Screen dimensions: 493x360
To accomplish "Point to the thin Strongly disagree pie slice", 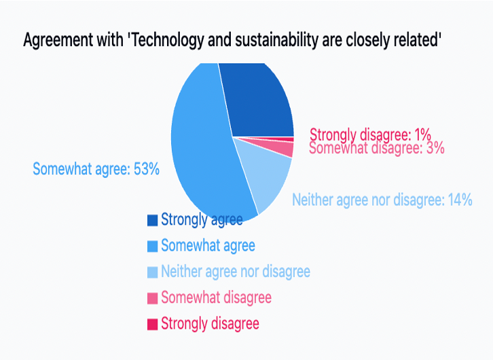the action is pos(283,139).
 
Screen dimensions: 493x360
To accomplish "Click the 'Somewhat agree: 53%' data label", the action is pos(96,169).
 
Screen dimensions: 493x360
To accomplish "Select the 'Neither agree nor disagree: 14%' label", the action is pos(382,200).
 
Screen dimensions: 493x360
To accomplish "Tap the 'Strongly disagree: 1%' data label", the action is pos(370,134).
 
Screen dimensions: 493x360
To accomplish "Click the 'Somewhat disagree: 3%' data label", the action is pos(377,148).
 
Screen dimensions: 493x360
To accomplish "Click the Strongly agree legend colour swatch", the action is pos(153,220).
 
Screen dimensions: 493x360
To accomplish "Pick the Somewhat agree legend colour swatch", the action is pos(153,246).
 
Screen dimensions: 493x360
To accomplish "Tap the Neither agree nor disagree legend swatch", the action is pos(153,272).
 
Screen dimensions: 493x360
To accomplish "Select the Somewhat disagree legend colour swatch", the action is pos(153,298).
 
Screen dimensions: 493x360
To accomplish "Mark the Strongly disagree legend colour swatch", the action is pos(153,325).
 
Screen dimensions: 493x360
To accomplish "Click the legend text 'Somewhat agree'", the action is pos(208,246).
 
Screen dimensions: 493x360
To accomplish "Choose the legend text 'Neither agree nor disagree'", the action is pos(236,272).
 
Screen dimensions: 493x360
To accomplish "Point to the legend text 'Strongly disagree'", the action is pos(210,324).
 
